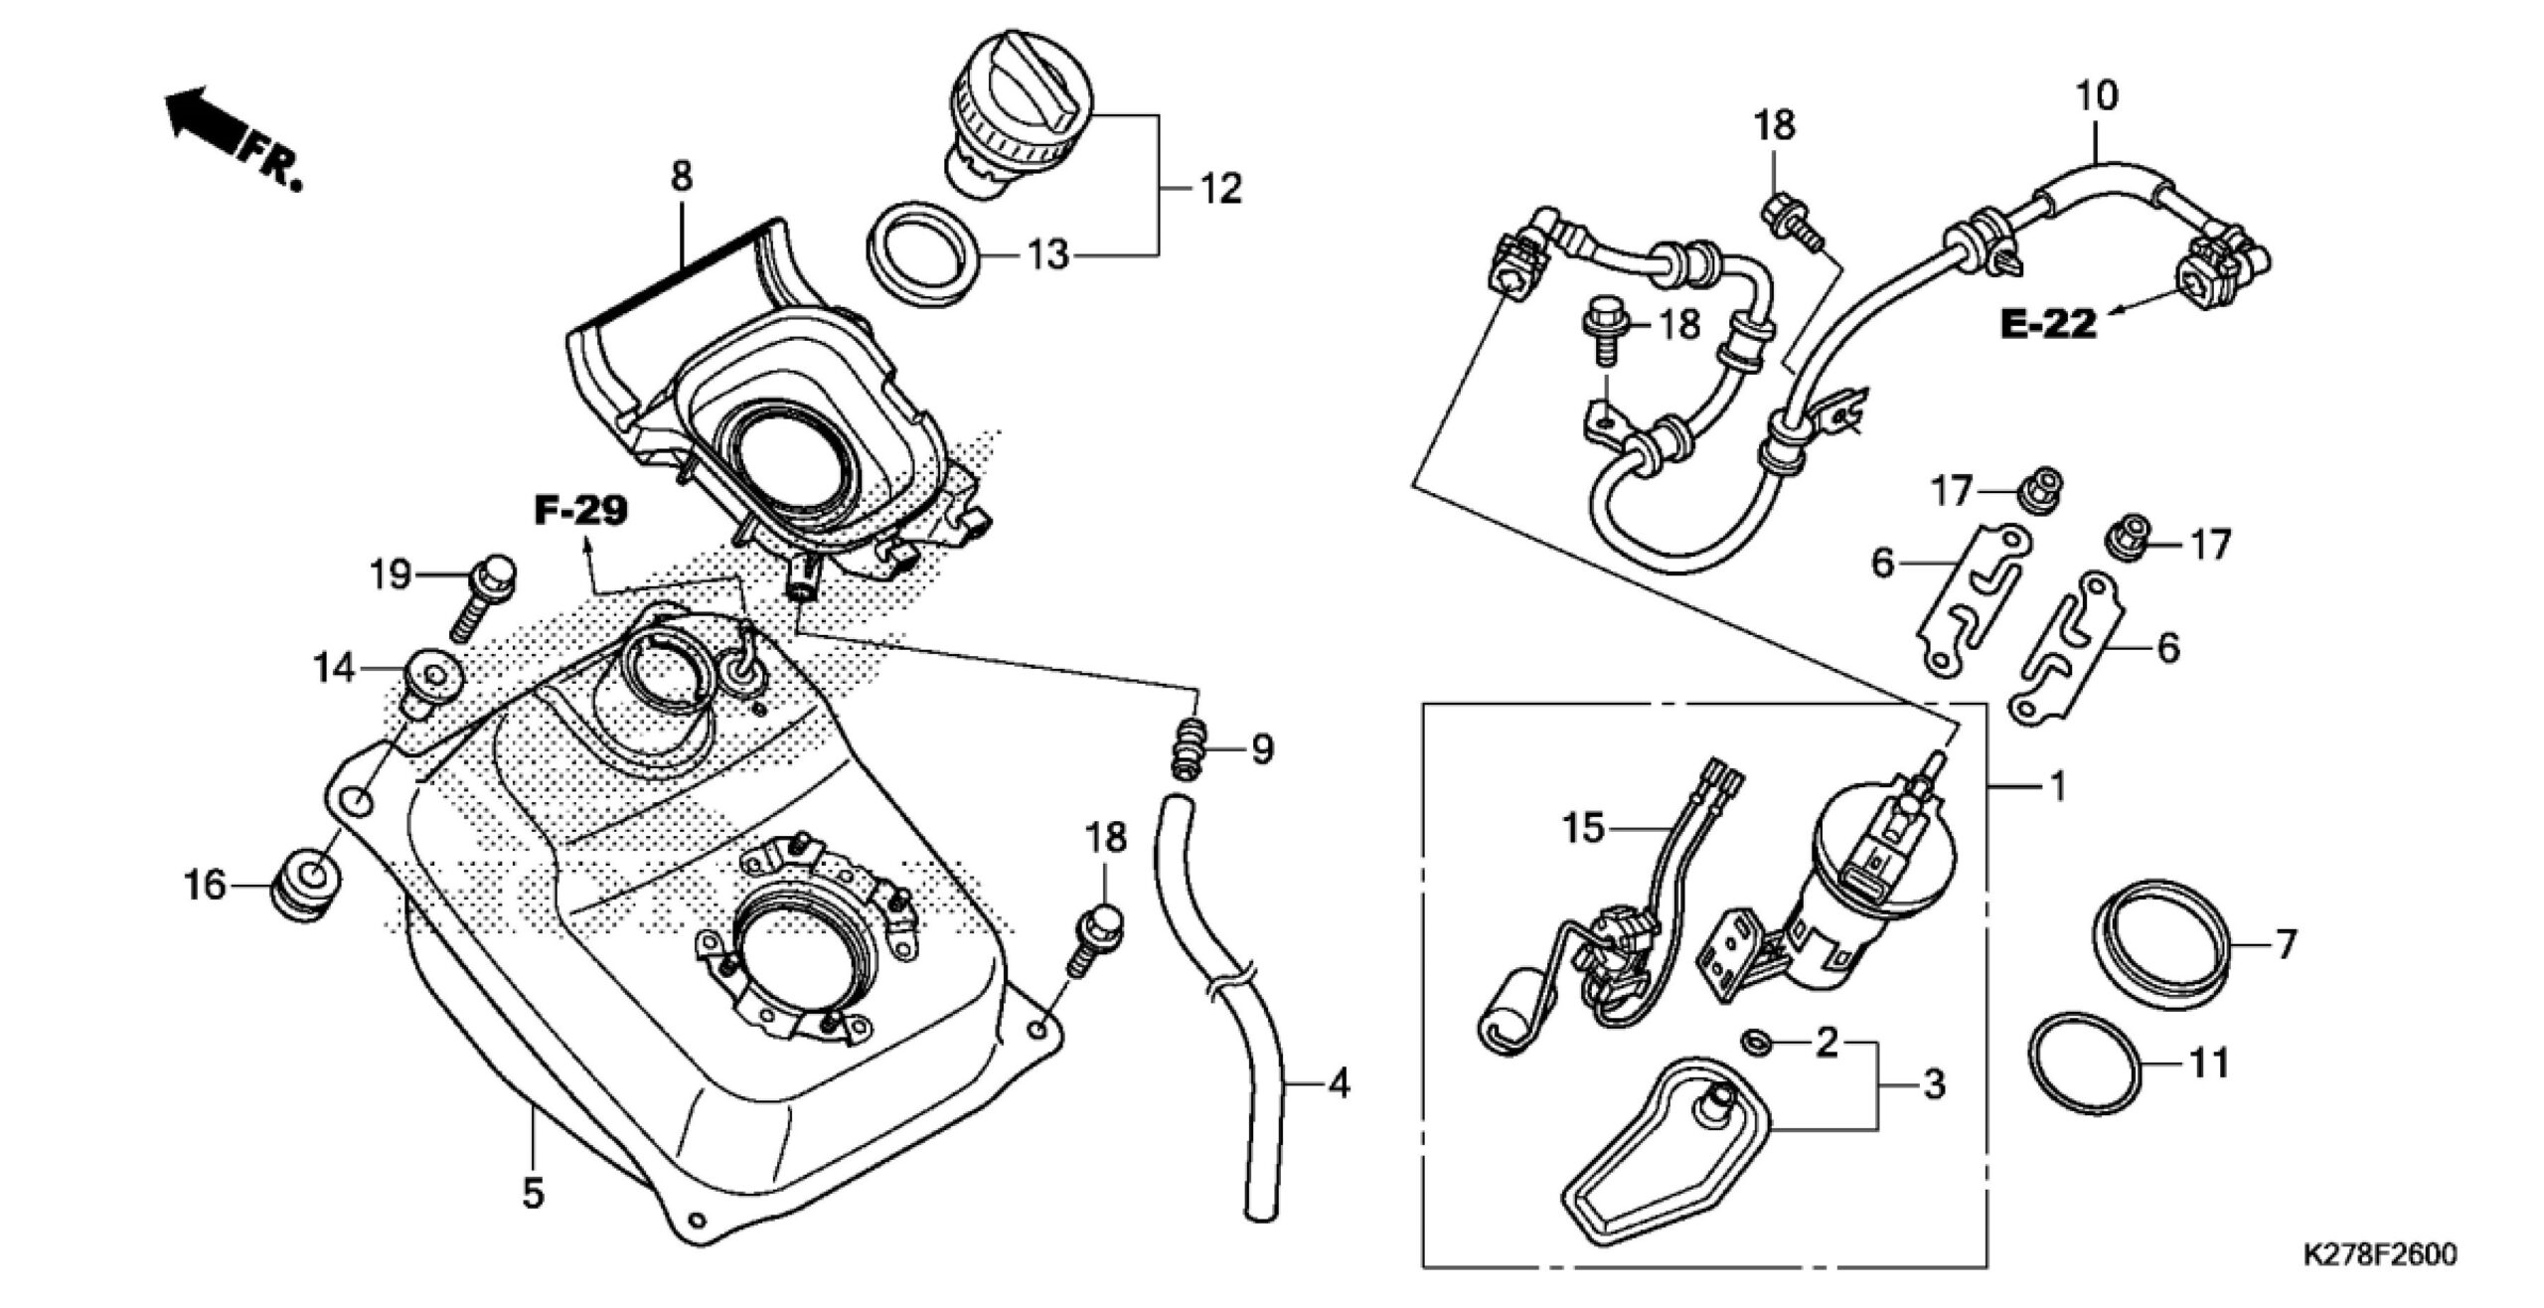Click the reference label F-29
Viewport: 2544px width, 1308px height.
point(580,512)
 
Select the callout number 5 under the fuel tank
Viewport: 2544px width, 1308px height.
point(534,1194)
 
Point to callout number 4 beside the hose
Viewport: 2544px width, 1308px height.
point(1339,1083)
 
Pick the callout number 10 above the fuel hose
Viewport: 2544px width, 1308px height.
point(2096,95)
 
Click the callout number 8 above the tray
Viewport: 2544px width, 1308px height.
point(681,177)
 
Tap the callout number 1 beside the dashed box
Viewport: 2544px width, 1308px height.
point(2058,786)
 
